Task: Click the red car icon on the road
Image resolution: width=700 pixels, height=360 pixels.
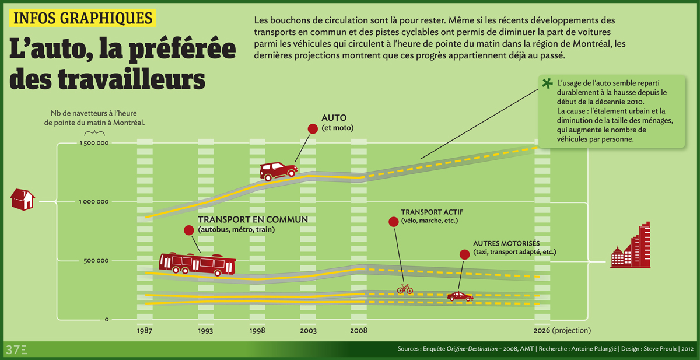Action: click(x=278, y=170)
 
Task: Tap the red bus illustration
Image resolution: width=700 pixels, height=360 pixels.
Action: click(x=197, y=264)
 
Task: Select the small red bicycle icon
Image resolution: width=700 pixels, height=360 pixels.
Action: click(x=405, y=289)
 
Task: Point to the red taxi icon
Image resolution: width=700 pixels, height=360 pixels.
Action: click(x=460, y=296)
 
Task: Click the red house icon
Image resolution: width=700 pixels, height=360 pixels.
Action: click(x=23, y=200)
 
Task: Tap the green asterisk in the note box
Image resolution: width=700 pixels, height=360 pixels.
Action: click(x=547, y=83)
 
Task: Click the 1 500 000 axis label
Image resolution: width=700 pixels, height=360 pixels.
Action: click(x=94, y=143)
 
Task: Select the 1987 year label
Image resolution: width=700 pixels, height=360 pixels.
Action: click(x=146, y=331)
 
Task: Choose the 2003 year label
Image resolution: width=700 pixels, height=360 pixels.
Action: click(x=309, y=331)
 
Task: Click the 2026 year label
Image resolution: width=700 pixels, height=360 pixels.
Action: click(x=542, y=331)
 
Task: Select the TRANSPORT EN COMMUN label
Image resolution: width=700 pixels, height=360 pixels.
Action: click(x=253, y=220)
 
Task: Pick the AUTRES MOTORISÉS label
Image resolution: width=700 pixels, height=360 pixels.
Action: click(x=506, y=243)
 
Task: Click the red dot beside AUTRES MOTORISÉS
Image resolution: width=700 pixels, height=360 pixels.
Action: click(x=464, y=254)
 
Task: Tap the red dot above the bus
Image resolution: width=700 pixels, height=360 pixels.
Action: click(x=188, y=231)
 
